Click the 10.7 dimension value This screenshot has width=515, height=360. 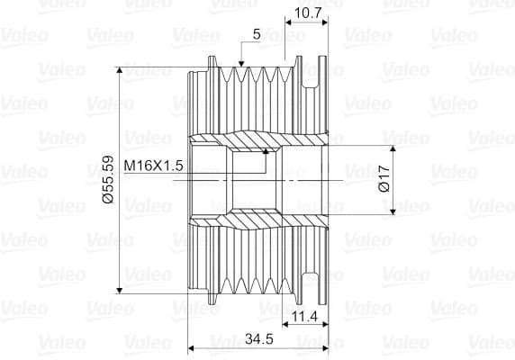pyautogui.click(x=307, y=13)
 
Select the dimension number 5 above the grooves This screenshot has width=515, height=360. pyautogui.click(x=257, y=34)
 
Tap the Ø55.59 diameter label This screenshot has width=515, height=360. pyautogui.click(x=108, y=179)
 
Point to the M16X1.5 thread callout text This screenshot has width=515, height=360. pyautogui.click(x=153, y=166)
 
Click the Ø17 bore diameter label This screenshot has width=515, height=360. pyautogui.click(x=384, y=179)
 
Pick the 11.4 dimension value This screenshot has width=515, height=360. pyautogui.click(x=305, y=317)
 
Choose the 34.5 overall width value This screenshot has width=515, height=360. pyautogui.click(x=259, y=339)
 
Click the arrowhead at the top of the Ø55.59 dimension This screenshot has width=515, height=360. pyautogui.click(x=120, y=70)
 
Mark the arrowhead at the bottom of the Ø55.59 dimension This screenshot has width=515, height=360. pyautogui.click(x=120, y=291)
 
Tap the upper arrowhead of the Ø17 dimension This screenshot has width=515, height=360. pyautogui.click(x=393, y=148)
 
